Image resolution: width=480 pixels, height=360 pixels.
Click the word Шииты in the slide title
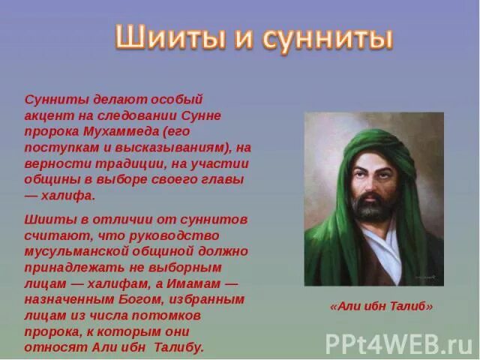tap(163, 37)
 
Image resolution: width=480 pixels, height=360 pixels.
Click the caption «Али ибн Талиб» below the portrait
tap(381, 307)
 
